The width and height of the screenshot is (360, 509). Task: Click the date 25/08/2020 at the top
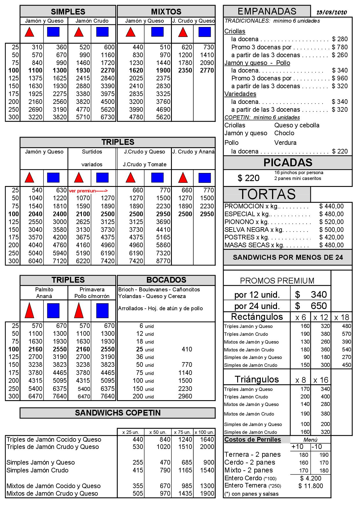point(332,12)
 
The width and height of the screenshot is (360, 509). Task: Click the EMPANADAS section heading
point(267,11)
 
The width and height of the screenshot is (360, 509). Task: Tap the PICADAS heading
point(288,163)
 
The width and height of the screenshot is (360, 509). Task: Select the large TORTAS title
point(267,194)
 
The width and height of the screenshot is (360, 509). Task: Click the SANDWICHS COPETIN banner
point(118,413)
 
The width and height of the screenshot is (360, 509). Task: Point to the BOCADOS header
point(166,280)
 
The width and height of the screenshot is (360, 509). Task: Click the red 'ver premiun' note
point(88,191)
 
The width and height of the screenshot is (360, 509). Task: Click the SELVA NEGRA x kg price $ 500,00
point(331,230)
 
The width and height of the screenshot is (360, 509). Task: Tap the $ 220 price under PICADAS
point(249,178)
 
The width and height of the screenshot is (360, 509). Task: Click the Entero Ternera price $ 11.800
point(310,486)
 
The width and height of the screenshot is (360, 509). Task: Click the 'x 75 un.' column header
point(182,432)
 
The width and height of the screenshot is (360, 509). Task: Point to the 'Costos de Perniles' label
point(253,440)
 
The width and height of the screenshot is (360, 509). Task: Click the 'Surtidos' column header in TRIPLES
point(92,152)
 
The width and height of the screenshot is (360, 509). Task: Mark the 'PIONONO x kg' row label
point(246,222)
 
